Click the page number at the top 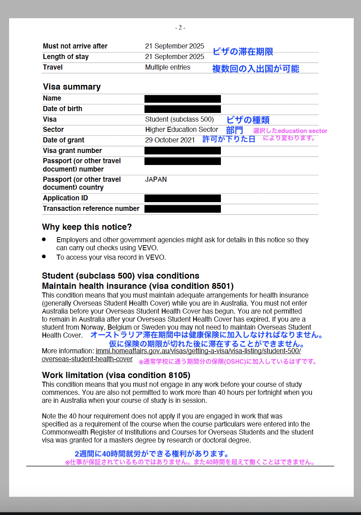180,28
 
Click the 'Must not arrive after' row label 75,46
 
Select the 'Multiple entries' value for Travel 167,67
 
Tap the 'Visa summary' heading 72,87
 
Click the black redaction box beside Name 182,99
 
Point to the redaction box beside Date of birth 182,109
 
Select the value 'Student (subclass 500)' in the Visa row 179,119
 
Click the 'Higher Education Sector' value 181,130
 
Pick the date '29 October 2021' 170,140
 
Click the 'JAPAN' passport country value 156,180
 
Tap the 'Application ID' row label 65,198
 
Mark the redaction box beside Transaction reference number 182,209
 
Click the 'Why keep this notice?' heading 87,227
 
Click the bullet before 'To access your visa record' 44,256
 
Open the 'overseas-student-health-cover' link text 87,359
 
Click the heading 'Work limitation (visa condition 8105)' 116,375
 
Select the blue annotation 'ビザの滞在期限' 243,52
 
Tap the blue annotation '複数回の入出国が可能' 255,69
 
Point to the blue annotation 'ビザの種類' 248,120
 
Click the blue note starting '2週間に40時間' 151,454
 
